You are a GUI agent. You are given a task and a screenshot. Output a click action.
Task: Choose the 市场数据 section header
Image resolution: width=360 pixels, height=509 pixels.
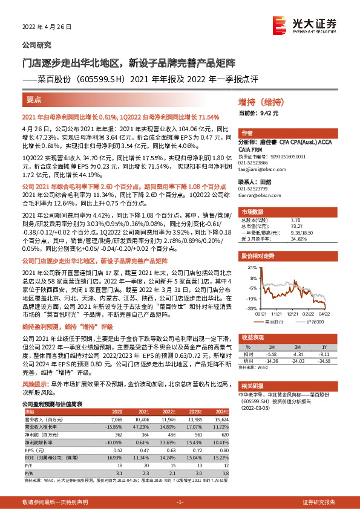click(x=254, y=213)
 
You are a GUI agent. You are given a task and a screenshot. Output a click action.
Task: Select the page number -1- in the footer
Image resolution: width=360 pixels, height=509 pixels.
click(x=180, y=503)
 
